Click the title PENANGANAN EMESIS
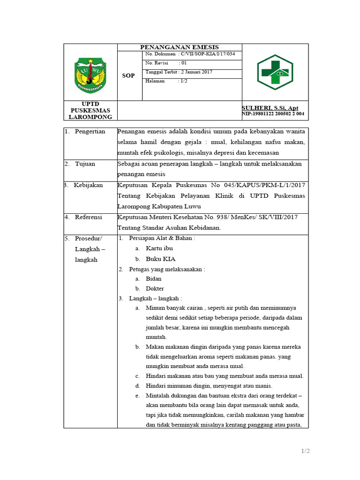tap(180, 47)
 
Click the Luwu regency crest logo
tap(90, 75)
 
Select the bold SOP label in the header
tap(128, 75)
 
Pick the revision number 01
tap(183, 63)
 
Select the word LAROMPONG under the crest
tap(90, 117)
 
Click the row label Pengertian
tap(90, 131)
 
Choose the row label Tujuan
tap(85, 164)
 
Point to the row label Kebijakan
tap(88, 185)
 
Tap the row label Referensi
tap(89, 217)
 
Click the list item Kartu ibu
tap(159, 248)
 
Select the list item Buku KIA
tap(161, 259)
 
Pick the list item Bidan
tap(154, 278)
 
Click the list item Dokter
tap(155, 288)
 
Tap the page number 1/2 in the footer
tap(306, 451)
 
